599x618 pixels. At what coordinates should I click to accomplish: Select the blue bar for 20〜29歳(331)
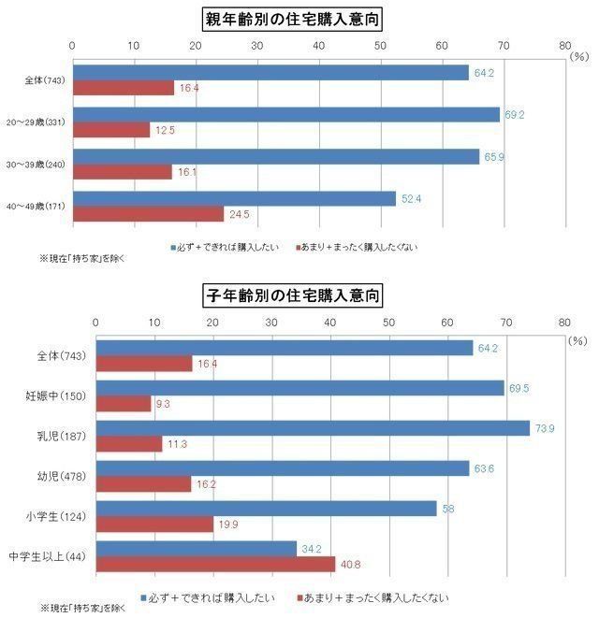tap(285, 115)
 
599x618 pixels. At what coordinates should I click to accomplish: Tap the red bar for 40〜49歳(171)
tap(148, 214)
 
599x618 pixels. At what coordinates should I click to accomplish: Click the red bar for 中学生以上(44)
tap(215, 565)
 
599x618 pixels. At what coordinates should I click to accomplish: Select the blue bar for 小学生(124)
tap(266, 508)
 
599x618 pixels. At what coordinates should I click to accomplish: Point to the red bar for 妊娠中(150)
tap(123, 404)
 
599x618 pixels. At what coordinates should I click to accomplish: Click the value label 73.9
tap(546, 428)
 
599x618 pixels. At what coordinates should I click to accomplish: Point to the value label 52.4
tap(412, 197)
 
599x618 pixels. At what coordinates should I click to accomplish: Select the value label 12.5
tap(165, 131)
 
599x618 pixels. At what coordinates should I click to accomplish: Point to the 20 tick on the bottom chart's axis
tap(212, 321)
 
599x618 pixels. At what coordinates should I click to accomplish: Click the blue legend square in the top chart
tap(173, 248)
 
